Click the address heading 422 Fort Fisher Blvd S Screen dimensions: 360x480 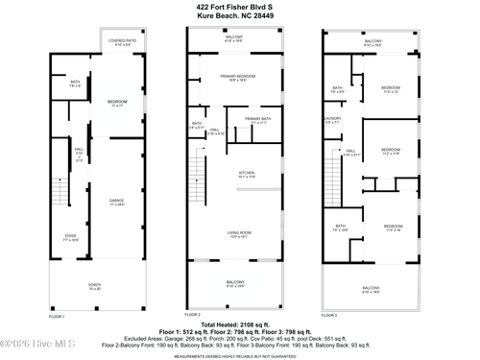click(239, 7)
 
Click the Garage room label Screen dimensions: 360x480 click(116, 202)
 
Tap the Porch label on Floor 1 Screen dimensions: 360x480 click(94, 286)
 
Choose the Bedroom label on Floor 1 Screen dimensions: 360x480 click(117, 102)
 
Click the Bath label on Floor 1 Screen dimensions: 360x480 click(75, 83)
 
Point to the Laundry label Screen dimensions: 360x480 click(332, 120)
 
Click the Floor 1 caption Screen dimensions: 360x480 click(57, 316)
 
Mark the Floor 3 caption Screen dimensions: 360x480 click(329, 316)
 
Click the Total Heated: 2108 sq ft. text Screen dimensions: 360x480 click(239, 324)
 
